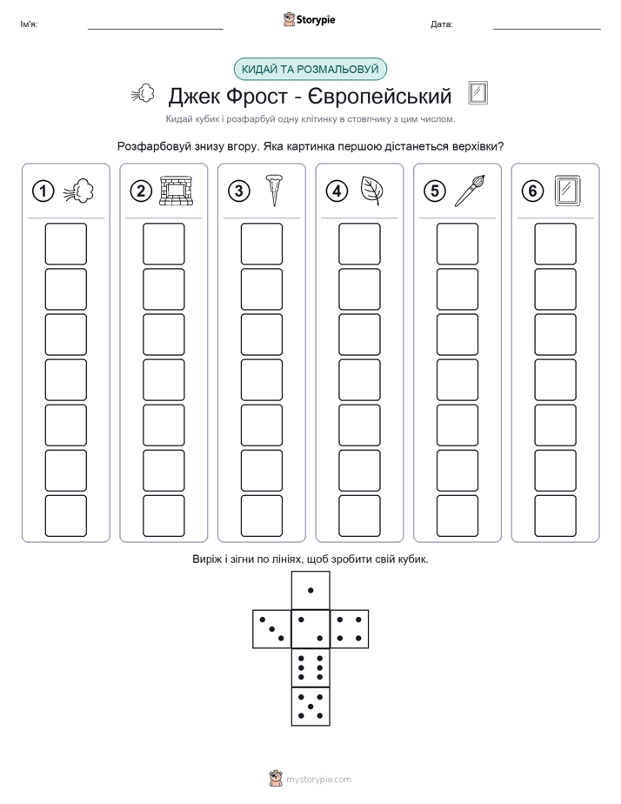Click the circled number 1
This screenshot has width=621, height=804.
(43, 191)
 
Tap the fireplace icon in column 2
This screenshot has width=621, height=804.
(177, 191)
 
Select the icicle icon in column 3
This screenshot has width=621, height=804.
(274, 191)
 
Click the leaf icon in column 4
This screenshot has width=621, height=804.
(371, 191)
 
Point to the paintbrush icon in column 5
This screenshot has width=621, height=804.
(470, 191)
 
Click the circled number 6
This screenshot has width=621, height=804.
(532, 191)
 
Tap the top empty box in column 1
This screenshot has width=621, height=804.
(65, 244)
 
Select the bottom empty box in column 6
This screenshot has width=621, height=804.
(556, 516)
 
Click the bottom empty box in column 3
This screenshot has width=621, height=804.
(262, 516)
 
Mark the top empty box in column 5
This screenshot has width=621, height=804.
(457, 244)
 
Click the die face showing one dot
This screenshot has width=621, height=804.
(310, 590)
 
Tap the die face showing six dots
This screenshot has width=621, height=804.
(310, 667)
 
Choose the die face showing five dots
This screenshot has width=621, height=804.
(310, 707)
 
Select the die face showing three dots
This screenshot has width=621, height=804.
(272, 629)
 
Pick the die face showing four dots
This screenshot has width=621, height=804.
(350, 629)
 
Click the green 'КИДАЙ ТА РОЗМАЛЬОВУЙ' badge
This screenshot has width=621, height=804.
(310, 70)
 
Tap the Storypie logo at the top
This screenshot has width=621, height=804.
(309, 19)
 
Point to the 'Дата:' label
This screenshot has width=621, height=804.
(442, 24)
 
